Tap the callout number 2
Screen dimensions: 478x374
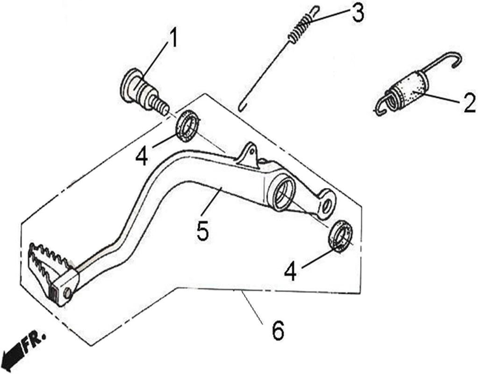[x=469, y=103]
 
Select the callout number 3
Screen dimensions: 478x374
[x=357, y=13]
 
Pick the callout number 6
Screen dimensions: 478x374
[x=278, y=331]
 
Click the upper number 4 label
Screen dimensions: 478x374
[x=142, y=157]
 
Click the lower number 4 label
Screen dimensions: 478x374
[x=290, y=272]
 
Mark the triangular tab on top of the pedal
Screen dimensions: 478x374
[x=249, y=155]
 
